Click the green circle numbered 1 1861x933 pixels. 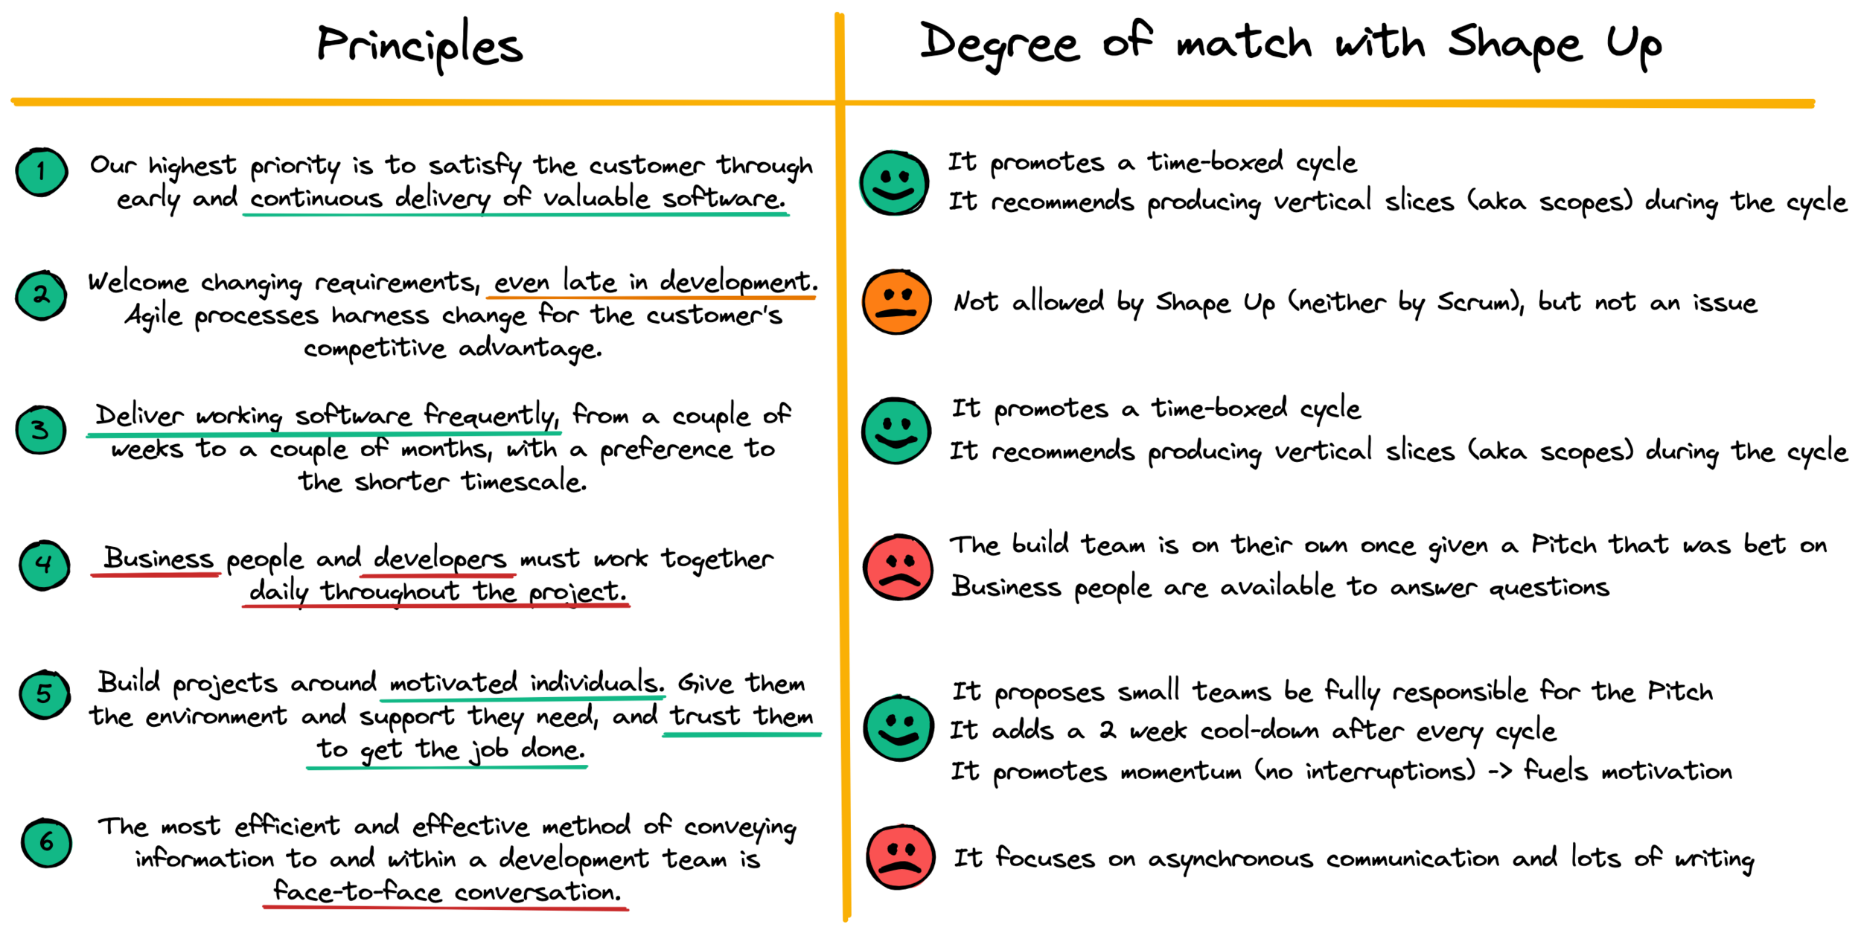pyautogui.click(x=42, y=173)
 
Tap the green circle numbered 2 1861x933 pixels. pyautogui.click(x=41, y=295)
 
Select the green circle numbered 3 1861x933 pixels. pyautogui.click(x=40, y=430)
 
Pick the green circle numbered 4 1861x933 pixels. pyautogui.click(x=44, y=565)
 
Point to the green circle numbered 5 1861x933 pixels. pyautogui.click(x=45, y=694)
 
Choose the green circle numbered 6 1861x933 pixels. pyautogui.click(x=48, y=844)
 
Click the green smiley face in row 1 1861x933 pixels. pyautogui.click(x=893, y=183)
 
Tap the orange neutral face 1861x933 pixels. pyautogui.click(x=896, y=302)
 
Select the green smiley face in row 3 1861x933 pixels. pyautogui.click(x=896, y=432)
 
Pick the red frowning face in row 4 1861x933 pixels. pyautogui.click(x=899, y=568)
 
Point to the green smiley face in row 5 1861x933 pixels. pyautogui.click(x=898, y=728)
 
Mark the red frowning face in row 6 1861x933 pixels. pyautogui.click(x=901, y=857)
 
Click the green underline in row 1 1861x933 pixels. pyautogui.click(x=515, y=214)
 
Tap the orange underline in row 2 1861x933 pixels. pyautogui.click(x=651, y=298)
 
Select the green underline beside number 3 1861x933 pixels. pyautogui.click(x=324, y=434)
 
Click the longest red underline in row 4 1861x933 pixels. pyautogui.click(x=435, y=606)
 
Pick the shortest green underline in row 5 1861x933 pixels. pyautogui.click(x=741, y=735)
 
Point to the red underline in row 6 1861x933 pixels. pyautogui.click(x=445, y=908)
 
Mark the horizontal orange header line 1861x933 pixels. pyautogui.click(x=1265, y=103)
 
